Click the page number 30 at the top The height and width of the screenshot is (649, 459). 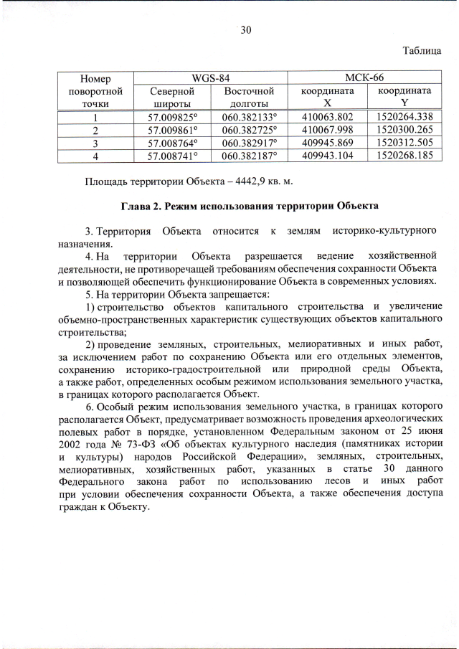pos(245,29)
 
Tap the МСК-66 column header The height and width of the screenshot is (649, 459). pos(364,77)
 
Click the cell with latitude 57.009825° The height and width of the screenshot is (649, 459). pos(172,117)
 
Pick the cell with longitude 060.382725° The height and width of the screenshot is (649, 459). pos(249,130)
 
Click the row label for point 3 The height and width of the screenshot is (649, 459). pos(95,143)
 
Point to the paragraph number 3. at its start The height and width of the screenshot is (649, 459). pos(90,231)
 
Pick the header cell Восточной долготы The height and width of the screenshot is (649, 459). pos(249,97)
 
